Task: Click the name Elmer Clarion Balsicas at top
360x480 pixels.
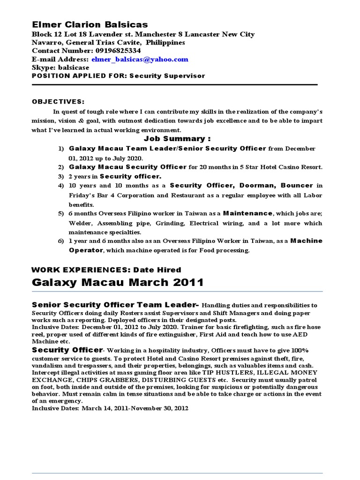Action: point(90,24)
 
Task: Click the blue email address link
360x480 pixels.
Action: point(140,60)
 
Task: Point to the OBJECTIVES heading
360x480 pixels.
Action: point(58,101)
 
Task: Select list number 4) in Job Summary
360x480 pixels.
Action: point(60,186)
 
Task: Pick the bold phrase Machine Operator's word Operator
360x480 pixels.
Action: point(86,250)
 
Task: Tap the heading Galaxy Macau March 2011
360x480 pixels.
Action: point(118,282)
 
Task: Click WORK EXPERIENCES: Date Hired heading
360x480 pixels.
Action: point(106,270)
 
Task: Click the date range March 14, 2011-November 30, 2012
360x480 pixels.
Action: point(135,408)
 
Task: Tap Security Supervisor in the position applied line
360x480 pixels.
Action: point(167,75)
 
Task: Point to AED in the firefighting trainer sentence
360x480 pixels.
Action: point(301,335)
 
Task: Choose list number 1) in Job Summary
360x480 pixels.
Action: point(60,149)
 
